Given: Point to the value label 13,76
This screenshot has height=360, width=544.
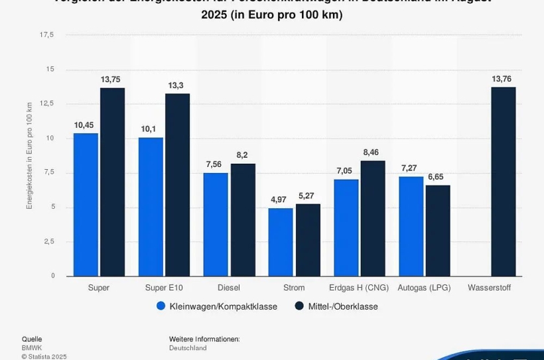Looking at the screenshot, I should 502,79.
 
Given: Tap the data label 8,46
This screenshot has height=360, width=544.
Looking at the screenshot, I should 372,152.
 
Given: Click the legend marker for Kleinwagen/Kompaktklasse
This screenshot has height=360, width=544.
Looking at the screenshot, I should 161,306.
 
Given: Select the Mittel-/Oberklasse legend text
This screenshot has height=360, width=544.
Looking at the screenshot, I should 343,306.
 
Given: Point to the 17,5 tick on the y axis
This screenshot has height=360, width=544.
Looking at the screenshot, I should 48,34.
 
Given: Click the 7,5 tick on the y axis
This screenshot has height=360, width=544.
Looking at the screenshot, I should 50,172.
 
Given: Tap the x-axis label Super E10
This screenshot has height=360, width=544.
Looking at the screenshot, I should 163,288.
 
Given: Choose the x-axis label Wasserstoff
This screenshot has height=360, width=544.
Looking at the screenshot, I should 489,288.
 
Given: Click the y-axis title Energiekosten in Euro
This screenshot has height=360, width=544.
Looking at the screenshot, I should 29,156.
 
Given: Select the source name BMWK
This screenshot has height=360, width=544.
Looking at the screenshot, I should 32,347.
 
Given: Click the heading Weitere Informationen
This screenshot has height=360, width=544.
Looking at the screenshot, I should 204,339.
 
